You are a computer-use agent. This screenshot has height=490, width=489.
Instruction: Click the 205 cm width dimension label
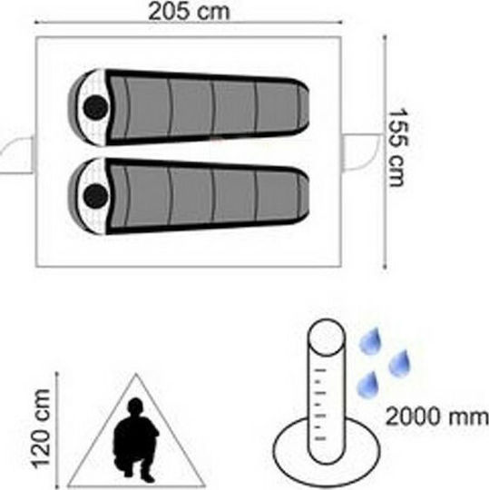(189, 11)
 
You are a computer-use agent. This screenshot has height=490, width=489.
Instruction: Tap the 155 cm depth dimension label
(397, 148)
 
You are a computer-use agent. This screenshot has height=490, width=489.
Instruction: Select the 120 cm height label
(42, 428)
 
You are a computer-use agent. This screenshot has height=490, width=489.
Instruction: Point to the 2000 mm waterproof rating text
(436, 416)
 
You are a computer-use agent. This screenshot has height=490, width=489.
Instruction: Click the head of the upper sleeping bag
(95, 107)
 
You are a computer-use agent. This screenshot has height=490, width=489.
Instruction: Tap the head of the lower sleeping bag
(95, 196)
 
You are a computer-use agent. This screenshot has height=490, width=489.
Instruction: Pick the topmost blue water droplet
(370, 341)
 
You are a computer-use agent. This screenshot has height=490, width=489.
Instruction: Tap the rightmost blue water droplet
(399, 363)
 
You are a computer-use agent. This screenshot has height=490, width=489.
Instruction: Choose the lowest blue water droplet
(368, 385)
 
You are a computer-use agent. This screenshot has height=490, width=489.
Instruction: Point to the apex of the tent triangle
(136, 374)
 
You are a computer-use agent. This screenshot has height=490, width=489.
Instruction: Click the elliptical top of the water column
(327, 337)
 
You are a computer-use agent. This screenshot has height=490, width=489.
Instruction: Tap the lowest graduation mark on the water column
(319, 439)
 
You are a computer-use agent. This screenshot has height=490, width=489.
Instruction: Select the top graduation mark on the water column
(320, 371)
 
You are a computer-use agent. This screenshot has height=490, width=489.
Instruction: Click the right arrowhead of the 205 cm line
(340, 22)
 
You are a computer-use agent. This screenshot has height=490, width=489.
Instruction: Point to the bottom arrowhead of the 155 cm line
(385, 266)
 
